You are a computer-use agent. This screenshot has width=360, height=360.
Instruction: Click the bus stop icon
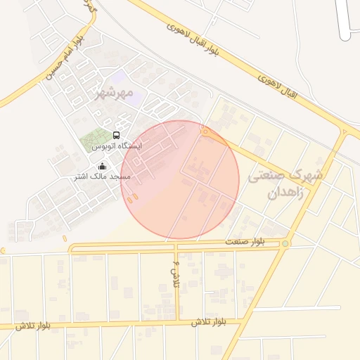(x=116, y=135)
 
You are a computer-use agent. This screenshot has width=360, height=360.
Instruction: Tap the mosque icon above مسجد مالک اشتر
(x=103, y=167)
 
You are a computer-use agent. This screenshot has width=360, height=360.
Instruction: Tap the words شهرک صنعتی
(x=286, y=172)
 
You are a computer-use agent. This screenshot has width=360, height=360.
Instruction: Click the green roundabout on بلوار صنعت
(x=285, y=244)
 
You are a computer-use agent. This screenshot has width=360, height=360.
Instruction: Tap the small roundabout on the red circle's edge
(x=205, y=131)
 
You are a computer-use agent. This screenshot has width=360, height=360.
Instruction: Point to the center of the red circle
(x=181, y=179)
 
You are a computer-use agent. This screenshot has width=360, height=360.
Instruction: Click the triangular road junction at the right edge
(x=344, y=131)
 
